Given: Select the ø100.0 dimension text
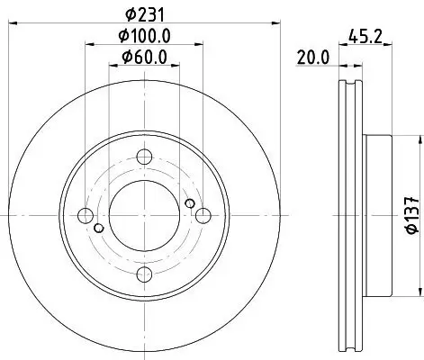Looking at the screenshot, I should pyautogui.click(x=144, y=36).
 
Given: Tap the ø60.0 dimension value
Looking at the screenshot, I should pyautogui.click(x=144, y=59).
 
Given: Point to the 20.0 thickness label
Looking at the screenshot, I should pyautogui.click(x=312, y=58).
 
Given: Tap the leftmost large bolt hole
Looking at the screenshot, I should pyautogui.click(x=85, y=215).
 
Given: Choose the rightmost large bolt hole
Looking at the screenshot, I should pyautogui.click(x=203, y=215).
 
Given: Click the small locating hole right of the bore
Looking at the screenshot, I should pyautogui.click(x=189, y=204).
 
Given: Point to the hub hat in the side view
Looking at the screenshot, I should pyautogui.click(x=378, y=215).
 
